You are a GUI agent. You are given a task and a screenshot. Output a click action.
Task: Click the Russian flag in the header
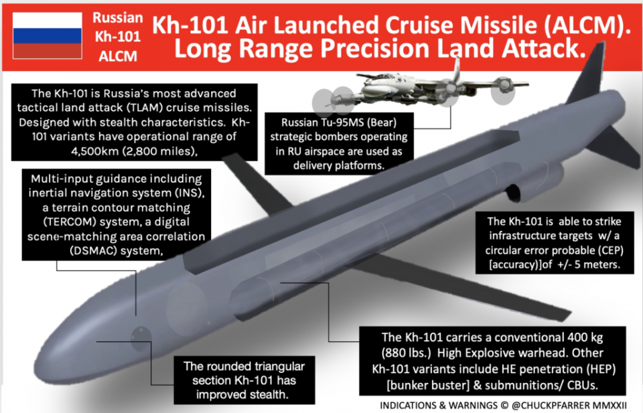pos(48,35)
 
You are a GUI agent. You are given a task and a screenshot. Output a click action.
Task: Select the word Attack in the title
pos(544,49)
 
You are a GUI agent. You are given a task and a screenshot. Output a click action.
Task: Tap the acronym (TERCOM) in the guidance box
pos(70,222)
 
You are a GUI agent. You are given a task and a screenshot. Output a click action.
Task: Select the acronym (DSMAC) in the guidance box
pos(94,251)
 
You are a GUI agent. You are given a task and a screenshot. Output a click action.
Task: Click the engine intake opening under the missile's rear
pos(514,193)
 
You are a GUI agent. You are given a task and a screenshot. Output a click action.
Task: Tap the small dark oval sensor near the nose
pos(141,339)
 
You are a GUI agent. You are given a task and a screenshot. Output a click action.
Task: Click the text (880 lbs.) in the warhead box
pos(407,353)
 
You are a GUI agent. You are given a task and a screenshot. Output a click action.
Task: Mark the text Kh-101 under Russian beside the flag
pos(118,37)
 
